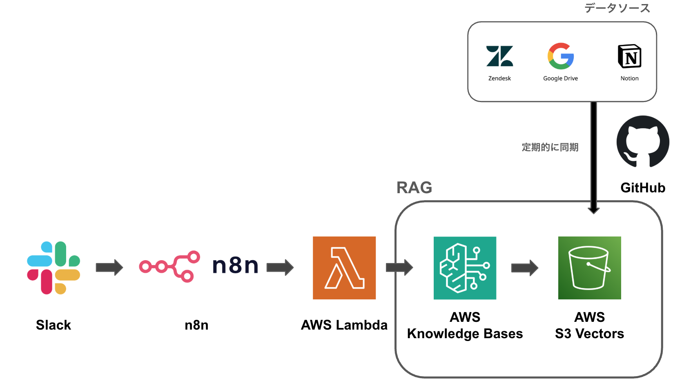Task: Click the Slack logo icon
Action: click(53, 268)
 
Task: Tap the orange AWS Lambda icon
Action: click(344, 268)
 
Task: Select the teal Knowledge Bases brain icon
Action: click(465, 268)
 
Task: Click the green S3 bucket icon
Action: click(589, 268)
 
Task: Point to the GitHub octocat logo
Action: click(643, 142)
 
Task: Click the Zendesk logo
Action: click(499, 56)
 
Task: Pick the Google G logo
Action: click(561, 56)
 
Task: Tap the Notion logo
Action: click(629, 56)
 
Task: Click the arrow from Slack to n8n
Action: click(109, 268)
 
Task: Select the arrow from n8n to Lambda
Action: click(280, 268)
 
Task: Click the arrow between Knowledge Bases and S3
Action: click(525, 268)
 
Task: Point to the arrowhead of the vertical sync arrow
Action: click(594, 210)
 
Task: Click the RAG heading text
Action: click(414, 188)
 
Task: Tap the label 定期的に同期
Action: click(550, 147)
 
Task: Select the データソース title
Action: click(617, 8)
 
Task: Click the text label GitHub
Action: click(643, 188)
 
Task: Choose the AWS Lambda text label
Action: click(344, 325)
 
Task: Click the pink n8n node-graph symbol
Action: click(169, 266)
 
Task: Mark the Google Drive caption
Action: click(560, 78)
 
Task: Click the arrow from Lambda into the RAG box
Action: click(399, 268)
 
